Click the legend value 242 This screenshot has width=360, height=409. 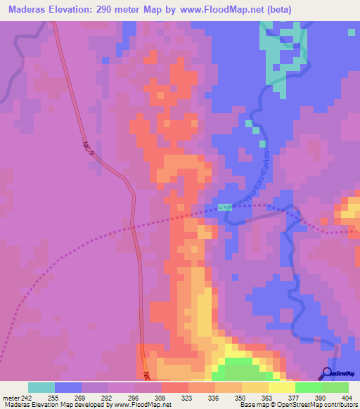[x=20, y=397]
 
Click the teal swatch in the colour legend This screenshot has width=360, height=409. [x=41, y=387]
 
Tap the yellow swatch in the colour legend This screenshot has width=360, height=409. [x=281, y=387]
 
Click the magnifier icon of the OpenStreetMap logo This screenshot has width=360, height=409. [x=326, y=373]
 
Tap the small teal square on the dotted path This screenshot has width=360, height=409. [x=224, y=207]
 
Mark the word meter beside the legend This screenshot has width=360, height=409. [x=7, y=397]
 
